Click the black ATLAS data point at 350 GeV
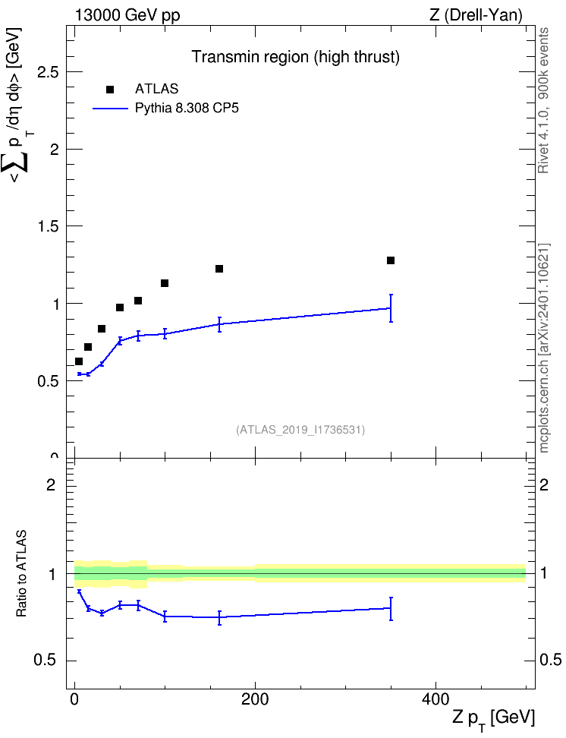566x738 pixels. pyautogui.click(x=391, y=260)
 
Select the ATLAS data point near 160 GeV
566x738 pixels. pyautogui.click(x=219, y=269)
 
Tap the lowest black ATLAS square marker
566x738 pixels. pyautogui.click(x=79, y=361)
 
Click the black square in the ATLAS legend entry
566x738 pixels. pyautogui.click(x=110, y=90)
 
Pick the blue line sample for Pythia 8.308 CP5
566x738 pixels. pyautogui.click(x=110, y=109)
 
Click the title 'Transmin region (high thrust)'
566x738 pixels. pyautogui.click(x=295, y=57)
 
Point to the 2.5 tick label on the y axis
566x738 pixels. pyautogui.click(x=49, y=72)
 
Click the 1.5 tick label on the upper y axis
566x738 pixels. pyautogui.click(x=49, y=226)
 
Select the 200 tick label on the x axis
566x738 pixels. pyautogui.click(x=255, y=699)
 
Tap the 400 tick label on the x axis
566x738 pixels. pyautogui.click(x=436, y=699)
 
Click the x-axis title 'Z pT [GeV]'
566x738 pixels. pyautogui.click(x=494, y=718)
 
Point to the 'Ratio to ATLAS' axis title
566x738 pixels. pyautogui.click(x=21, y=574)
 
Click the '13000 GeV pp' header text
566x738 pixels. pyautogui.click(x=127, y=15)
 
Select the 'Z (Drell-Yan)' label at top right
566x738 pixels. pyautogui.click(x=476, y=15)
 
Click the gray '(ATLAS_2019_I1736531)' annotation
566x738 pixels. pyautogui.click(x=300, y=430)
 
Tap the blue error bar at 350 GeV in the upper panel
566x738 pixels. pyautogui.click(x=391, y=308)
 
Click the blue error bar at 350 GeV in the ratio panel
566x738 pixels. pyautogui.click(x=391, y=609)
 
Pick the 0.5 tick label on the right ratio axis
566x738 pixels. pyautogui.click(x=551, y=661)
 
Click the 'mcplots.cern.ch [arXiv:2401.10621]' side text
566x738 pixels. pyautogui.click(x=544, y=348)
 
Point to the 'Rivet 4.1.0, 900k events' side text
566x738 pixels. pyautogui.click(x=543, y=100)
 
